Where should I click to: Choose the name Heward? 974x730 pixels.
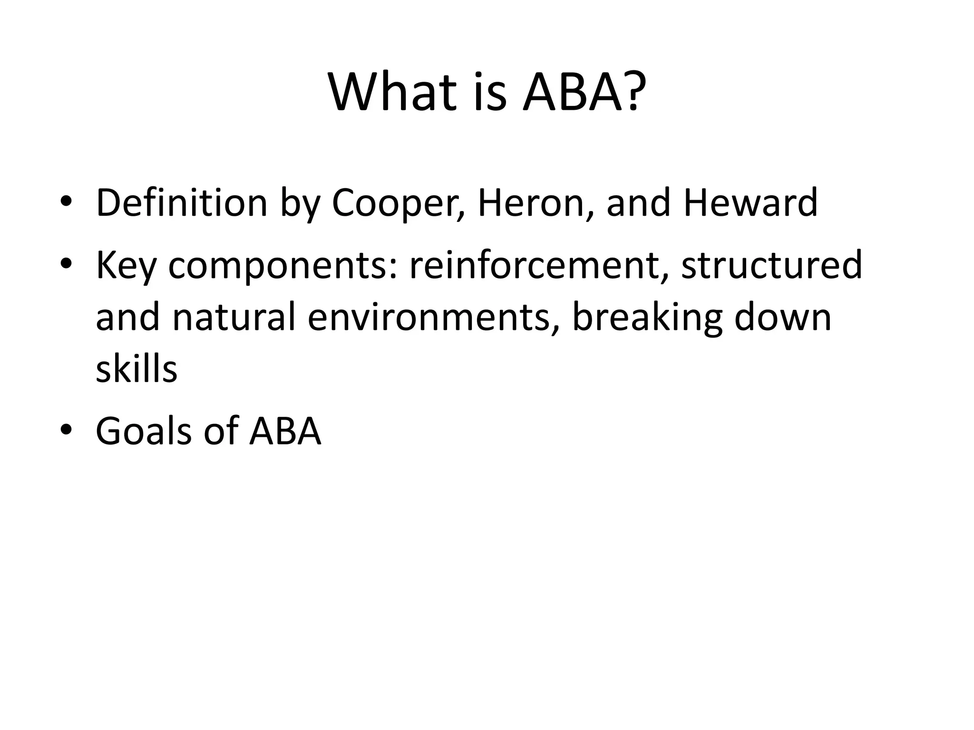pos(750,202)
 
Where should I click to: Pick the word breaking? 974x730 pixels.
pos(647,317)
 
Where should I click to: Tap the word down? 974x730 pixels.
pos(783,317)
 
